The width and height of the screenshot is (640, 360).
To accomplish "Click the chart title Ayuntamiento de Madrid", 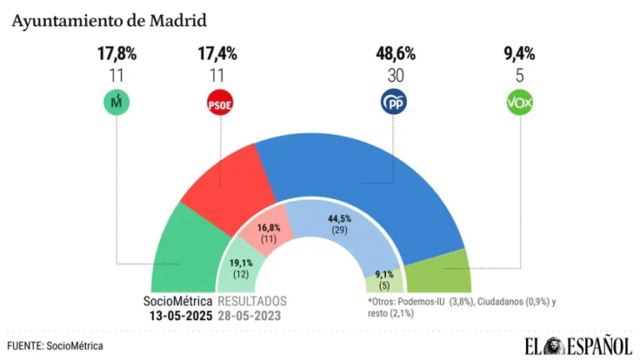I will tap(108, 20).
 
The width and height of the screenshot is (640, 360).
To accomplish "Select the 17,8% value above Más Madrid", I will tap(117, 54).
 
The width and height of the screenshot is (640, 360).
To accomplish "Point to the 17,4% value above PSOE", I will tap(217, 54).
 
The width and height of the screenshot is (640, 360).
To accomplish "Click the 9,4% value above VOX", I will tap(520, 54).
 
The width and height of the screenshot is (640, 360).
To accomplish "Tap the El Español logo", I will tap(577, 344).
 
